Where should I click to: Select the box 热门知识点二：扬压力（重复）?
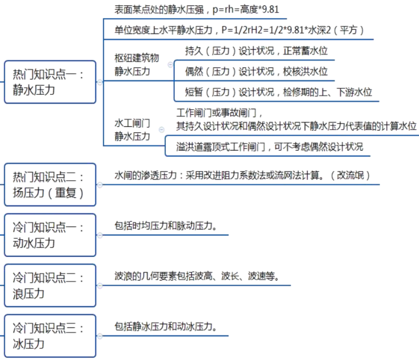pyautogui.click(x=50, y=185)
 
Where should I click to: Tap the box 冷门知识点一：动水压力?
pyautogui.click(x=50, y=235)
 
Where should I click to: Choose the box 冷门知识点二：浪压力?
pyautogui.click(x=50, y=286)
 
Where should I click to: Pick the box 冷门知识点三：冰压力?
pyautogui.click(x=50, y=336)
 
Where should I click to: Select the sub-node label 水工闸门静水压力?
pyautogui.click(x=132, y=129)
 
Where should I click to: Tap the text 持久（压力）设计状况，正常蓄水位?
pyautogui.click(x=256, y=51)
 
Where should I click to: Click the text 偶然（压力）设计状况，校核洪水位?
pyautogui.click(x=256, y=71)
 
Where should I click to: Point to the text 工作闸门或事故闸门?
pyautogui.click(x=217, y=114)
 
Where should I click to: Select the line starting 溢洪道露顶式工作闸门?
pyautogui.click(x=270, y=147)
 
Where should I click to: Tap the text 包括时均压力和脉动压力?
pyautogui.click(x=165, y=226)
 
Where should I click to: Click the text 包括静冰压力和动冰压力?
pyautogui.click(x=165, y=326)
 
